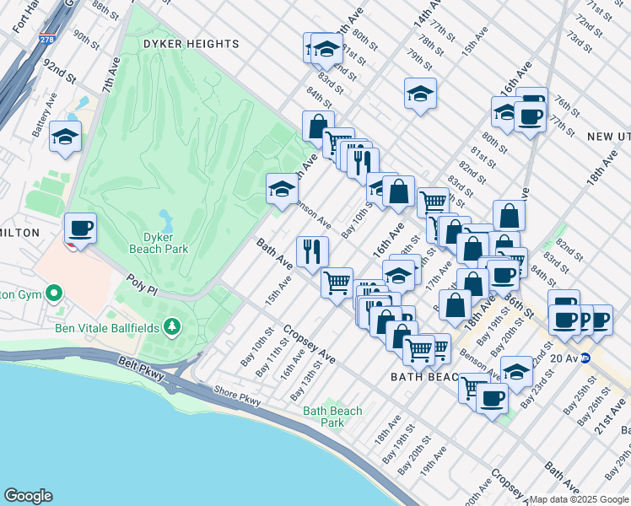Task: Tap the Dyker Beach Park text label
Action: click(x=159, y=243)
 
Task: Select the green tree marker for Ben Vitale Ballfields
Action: click(x=172, y=326)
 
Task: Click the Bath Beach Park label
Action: click(x=333, y=417)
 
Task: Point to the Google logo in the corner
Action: click(x=28, y=496)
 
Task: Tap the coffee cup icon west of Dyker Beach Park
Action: click(x=81, y=228)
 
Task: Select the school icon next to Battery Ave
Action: click(x=64, y=136)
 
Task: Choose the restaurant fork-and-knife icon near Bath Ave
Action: click(x=312, y=250)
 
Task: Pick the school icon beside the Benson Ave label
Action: click(x=282, y=189)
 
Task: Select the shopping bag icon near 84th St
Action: click(x=318, y=126)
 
